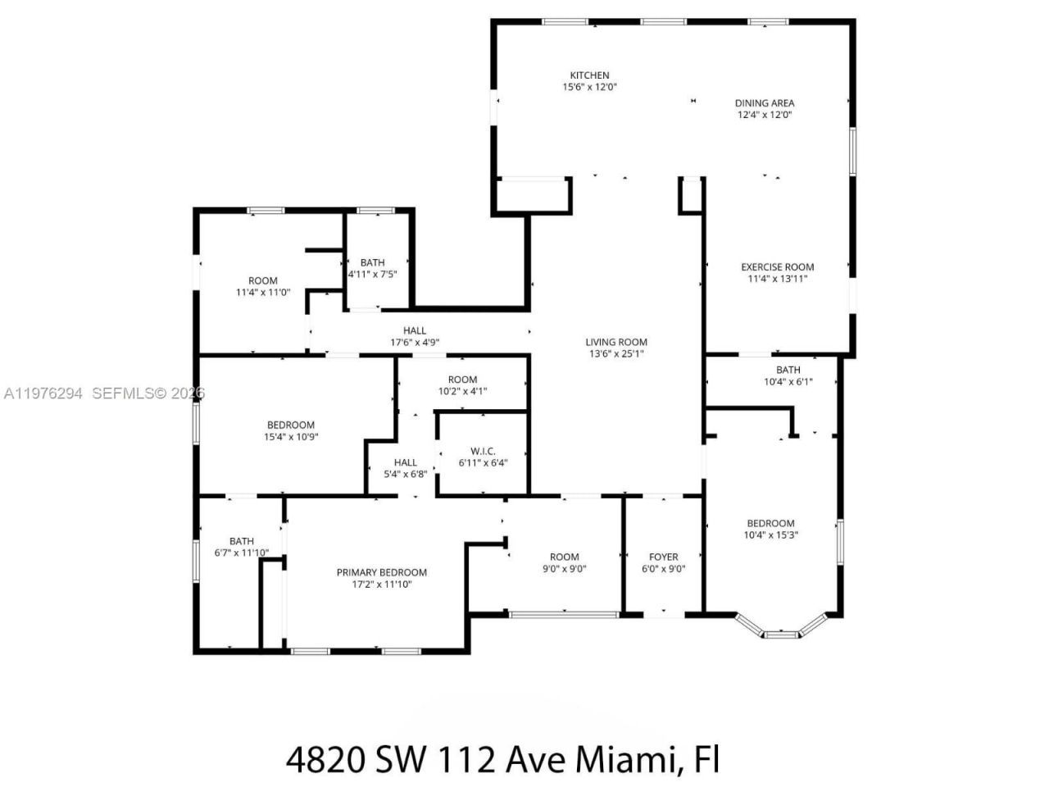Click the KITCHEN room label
pyautogui.click(x=589, y=75)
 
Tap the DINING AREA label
pyautogui.click(x=764, y=103)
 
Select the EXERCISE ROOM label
pyautogui.click(x=777, y=266)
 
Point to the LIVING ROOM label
pyautogui.click(x=616, y=343)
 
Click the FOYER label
pyautogui.click(x=663, y=557)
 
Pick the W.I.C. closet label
pyautogui.click(x=483, y=451)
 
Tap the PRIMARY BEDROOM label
pyautogui.click(x=381, y=573)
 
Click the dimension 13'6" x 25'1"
pyautogui.click(x=616, y=354)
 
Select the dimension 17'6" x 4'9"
pyautogui.click(x=415, y=343)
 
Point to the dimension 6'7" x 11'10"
pyautogui.click(x=242, y=553)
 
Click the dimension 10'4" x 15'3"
pyautogui.click(x=770, y=535)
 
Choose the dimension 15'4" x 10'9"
pyautogui.click(x=291, y=437)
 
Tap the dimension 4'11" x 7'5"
pyautogui.click(x=373, y=275)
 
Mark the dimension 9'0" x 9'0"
pyautogui.click(x=564, y=569)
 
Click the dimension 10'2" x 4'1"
pyautogui.click(x=462, y=391)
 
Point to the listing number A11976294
pyautogui.click(x=43, y=393)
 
